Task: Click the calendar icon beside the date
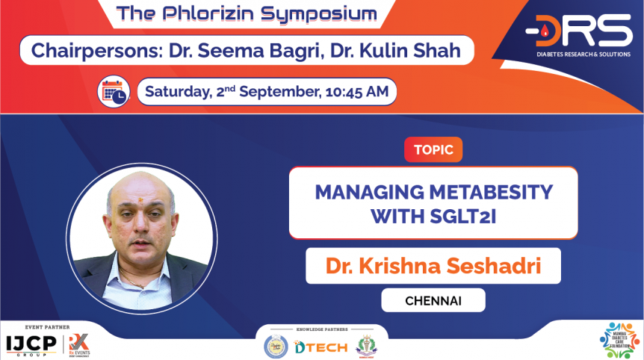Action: pyautogui.click(x=114, y=92)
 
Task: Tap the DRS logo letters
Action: pyautogui.click(x=578, y=31)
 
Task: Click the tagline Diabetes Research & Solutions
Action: pyautogui.click(x=578, y=53)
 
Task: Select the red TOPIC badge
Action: pyautogui.click(x=433, y=149)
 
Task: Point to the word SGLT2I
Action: pyautogui.click(x=455, y=216)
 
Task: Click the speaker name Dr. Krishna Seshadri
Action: pyautogui.click(x=433, y=266)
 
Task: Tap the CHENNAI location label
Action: pyautogui.click(x=433, y=300)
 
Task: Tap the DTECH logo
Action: pyautogui.click(x=319, y=347)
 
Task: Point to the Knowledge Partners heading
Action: pyautogui.click(x=321, y=329)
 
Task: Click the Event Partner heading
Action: pyautogui.click(x=46, y=327)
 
